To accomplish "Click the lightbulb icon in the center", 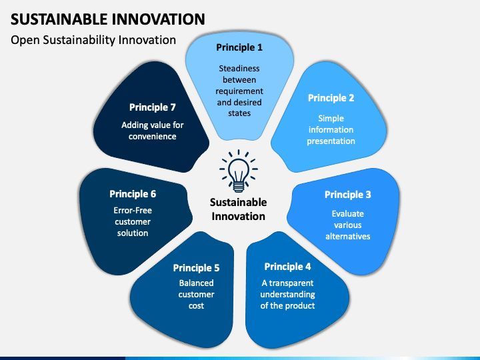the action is click(239, 171).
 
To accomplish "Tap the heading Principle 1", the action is click(239, 47).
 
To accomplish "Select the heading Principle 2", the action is click(331, 98).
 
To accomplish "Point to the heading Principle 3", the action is click(348, 195).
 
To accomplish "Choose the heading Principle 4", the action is click(287, 267).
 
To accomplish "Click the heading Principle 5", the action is click(196, 268).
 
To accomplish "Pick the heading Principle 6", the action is click(133, 194).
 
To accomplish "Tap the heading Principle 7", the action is click(153, 107).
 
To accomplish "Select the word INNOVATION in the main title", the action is click(158, 19).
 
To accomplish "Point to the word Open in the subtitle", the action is click(25, 41).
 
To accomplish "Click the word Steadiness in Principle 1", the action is click(239, 68).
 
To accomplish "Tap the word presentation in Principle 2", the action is click(331, 141).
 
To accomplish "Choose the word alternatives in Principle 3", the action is click(348, 236).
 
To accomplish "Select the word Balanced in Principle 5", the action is click(196, 283).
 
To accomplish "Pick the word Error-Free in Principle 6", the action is click(133, 210).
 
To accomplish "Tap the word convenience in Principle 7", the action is click(153, 137).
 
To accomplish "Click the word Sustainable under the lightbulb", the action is click(239, 203).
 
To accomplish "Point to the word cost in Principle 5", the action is click(196, 306).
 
